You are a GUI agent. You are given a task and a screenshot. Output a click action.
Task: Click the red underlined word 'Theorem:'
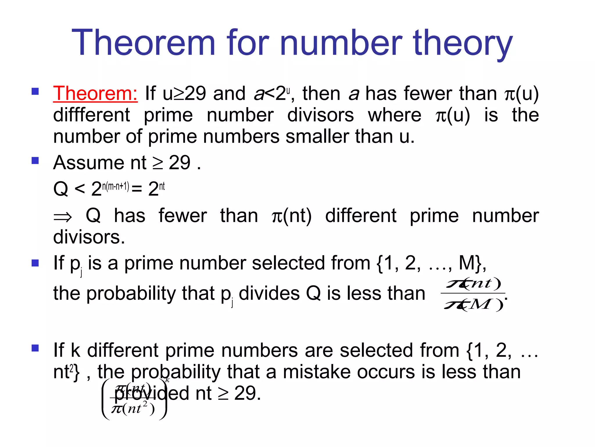pyautogui.click(x=95, y=94)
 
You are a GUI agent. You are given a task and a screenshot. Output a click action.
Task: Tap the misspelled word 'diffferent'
pyautogui.click(x=92, y=115)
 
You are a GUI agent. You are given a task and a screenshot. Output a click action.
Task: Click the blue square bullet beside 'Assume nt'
pyautogui.click(x=35, y=161)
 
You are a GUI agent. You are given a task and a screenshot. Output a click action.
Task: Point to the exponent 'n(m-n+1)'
pyautogui.click(x=116, y=186)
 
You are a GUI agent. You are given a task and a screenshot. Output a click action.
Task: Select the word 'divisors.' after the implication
pyautogui.click(x=89, y=237)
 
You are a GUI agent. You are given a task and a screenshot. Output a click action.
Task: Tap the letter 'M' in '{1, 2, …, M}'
pyautogui.click(x=467, y=263)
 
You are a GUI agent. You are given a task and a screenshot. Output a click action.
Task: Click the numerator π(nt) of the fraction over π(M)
pyautogui.click(x=473, y=283)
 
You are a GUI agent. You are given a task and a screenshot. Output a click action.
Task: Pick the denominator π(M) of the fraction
pyautogui.click(x=473, y=305)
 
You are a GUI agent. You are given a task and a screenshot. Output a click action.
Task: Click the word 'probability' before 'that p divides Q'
pyautogui.click(x=131, y=293)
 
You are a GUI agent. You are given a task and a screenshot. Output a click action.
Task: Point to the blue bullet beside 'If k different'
pyautogui.click(x=35, y=348)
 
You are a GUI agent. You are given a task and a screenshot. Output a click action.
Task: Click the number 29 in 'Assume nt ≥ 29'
pyautogui.click(x=180, y=163)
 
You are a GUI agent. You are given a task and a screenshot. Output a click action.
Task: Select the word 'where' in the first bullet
pyautogui.click(x=394, y=115)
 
